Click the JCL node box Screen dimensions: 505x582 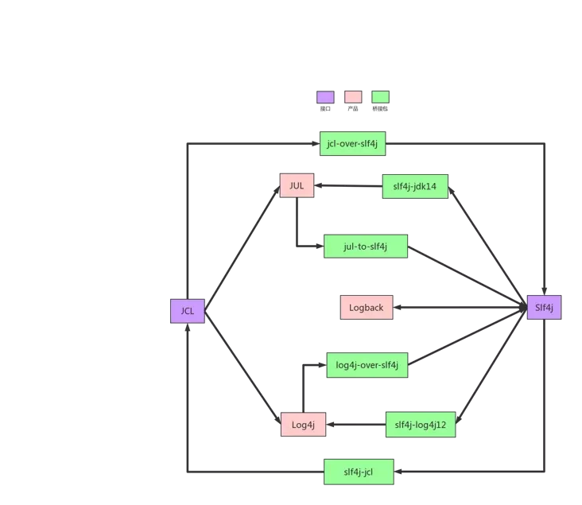coord(188,311)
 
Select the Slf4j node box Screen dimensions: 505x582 coord(544,307)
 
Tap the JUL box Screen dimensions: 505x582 coord(297,185)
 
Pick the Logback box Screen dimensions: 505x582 coord(367,307)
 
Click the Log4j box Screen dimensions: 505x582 coord(303,424)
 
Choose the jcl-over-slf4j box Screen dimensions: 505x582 coord(352,144)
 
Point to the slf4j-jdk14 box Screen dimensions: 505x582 coord(415,186)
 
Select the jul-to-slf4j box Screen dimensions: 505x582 coord(366,246)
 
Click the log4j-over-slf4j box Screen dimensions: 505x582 coord(367,365)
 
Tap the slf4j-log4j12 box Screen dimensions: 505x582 coord(421,425)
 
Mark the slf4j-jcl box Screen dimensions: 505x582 coord(359,472)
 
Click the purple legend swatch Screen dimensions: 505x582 coord(325,97)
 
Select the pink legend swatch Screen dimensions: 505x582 coord(353,97)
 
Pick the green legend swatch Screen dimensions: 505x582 coord(381,97)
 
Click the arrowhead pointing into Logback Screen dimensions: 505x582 coord(398,307)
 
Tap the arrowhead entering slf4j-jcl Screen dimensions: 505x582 coord(398,472)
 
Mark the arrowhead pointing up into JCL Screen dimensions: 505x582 coord(188,328)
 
